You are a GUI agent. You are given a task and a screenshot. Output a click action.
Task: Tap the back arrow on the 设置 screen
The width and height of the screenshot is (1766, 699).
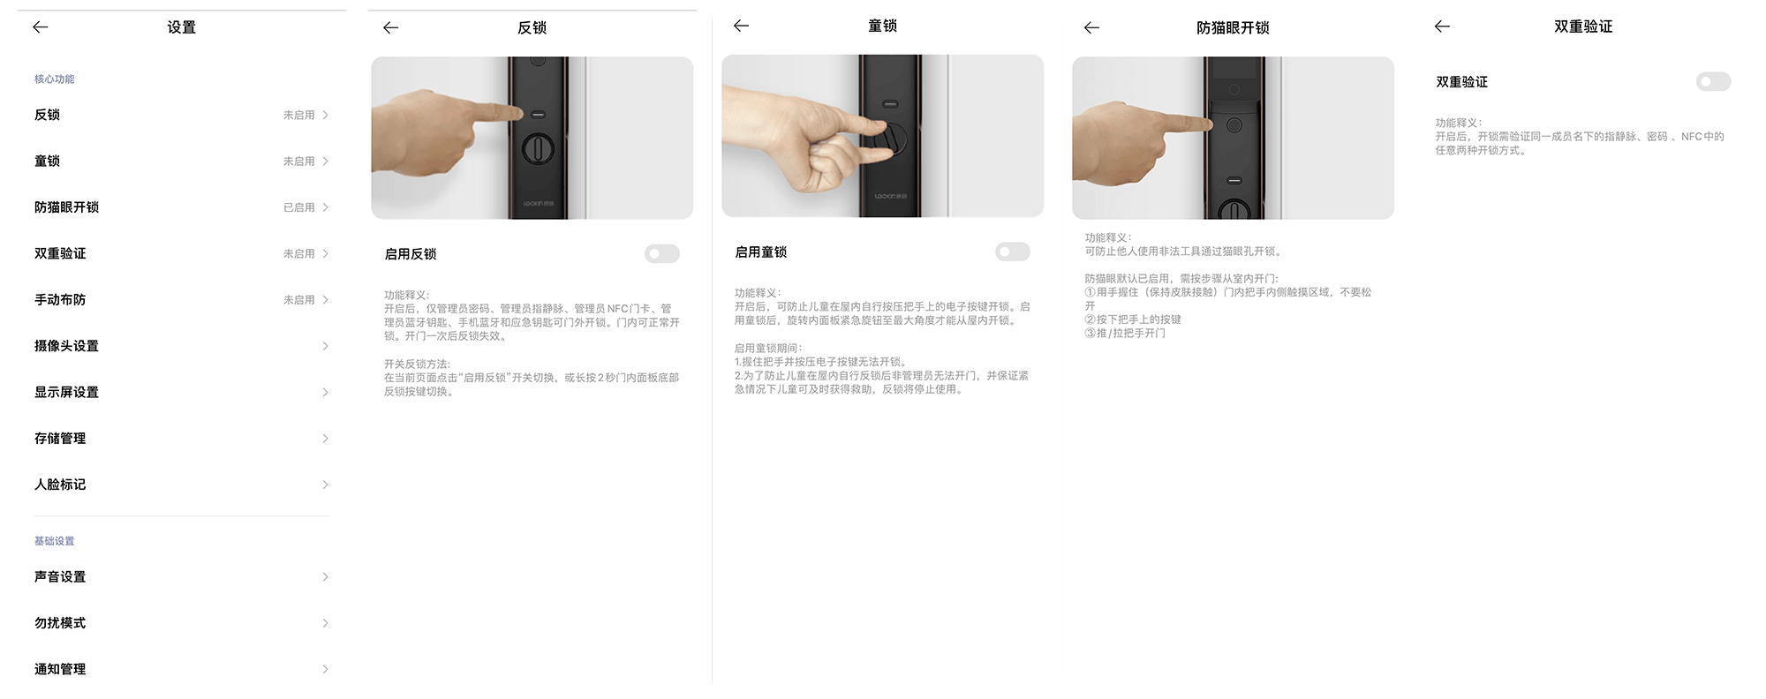41,27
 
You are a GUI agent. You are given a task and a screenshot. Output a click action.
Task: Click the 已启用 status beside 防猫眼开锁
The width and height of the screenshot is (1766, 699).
298,207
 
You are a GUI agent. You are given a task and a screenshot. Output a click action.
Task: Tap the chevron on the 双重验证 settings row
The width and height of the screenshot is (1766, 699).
325,253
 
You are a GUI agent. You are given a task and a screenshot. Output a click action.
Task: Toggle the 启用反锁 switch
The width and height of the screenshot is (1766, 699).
662,254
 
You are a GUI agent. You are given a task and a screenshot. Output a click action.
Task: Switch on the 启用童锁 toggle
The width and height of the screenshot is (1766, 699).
1013,252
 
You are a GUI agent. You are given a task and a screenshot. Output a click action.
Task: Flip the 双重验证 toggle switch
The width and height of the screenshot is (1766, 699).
1713,82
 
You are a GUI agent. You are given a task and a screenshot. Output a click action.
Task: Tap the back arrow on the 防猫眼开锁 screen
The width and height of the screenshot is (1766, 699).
1092,28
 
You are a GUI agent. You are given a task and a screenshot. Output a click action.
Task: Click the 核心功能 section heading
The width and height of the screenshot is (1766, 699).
54,79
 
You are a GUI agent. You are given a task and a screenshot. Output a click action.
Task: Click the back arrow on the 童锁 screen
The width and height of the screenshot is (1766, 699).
742,26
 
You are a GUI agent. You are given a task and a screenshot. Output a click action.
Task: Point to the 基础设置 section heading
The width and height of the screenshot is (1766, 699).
54,541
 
